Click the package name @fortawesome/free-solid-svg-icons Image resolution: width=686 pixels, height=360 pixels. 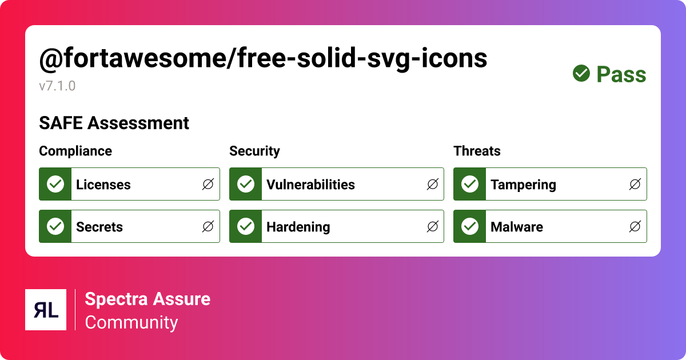pyautogui.click(x=263, y=58)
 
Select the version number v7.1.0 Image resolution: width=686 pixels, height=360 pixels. pyautogui.click(x=57, y=86)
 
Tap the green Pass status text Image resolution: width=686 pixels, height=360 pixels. pyautogui.click(x=621, y=74)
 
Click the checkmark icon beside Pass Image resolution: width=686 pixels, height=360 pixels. pyautogui.click(x=581, y=73)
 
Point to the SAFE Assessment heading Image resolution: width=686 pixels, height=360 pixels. pyautogui.click(x=114, y=123)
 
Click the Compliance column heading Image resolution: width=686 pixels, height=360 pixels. pyautogui.click(x=75, y=151)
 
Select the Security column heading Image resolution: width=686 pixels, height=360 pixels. pyautogui.click(x=254, y=151)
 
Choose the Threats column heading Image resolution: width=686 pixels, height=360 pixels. pyautogui.click(x=477, y=151)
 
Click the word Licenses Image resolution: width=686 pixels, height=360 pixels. pyautogui.click(x=103, y=185)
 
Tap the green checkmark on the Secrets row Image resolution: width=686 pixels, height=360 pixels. pyautogui.click(x=55, y=226)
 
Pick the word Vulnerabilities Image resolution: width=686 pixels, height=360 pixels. pyautogui.click(x=310, y=185)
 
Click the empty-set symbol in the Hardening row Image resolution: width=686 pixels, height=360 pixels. pyautogui.click(x=433, y=226)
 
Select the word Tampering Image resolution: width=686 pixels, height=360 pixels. pyautogui.click(x=523, y=185)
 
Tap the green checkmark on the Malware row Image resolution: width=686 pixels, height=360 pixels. pyautogui.click(x=470, y=226)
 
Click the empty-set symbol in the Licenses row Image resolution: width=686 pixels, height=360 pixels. pyautogui.click(x=208, y=184)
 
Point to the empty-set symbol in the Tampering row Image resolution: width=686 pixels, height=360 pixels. pyautogui.click(x=635, y=184)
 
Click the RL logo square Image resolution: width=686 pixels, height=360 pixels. pyautogui.click(x=46, y=310)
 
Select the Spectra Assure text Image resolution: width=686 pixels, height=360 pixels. pyautogui.click(x=147, y=299)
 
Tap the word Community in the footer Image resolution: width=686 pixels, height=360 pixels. pyautogui.click(x=131, y=322)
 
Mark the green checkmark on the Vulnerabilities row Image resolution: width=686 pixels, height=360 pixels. pyautogui.click(x=246, y=184)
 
